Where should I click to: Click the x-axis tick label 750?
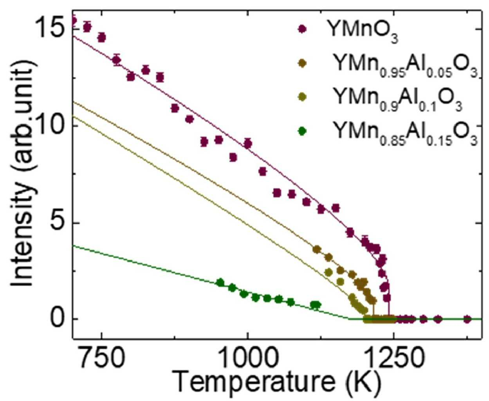pos(101,359)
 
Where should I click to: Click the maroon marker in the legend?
pos(302,29)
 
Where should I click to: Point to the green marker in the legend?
pos(302,131)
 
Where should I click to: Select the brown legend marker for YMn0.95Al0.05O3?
pos(302,63)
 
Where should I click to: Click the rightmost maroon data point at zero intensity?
pos(468,319)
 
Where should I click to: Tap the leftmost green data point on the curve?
pos(220,282)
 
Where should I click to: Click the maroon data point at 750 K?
pos(101,37)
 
